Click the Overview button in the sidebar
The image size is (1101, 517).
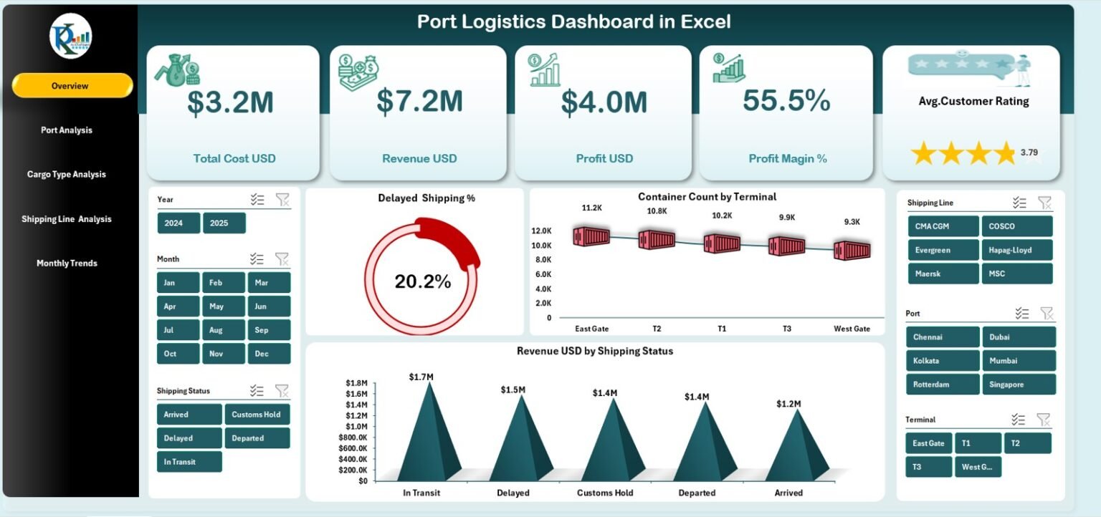point(72,86)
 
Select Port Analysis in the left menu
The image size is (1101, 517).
point(67,130)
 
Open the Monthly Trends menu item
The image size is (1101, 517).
point(67,263)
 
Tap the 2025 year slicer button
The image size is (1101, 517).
point(224,223)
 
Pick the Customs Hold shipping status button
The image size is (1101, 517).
point(257,415)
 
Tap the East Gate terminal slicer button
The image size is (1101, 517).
point(928,443)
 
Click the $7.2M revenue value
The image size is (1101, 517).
point(419,102)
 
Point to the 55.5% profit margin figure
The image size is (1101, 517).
point(786,101)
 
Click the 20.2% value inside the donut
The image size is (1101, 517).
point(423,282)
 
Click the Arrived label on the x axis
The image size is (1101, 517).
point(788,493)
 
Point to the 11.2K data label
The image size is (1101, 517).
point(591,208)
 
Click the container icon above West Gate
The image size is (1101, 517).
point(852,250)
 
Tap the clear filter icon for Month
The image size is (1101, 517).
point(282,258)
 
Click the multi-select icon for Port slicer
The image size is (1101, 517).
point(1022,313)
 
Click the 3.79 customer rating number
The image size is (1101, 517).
point(1029,152)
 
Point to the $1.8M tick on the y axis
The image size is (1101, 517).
point(357,383)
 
